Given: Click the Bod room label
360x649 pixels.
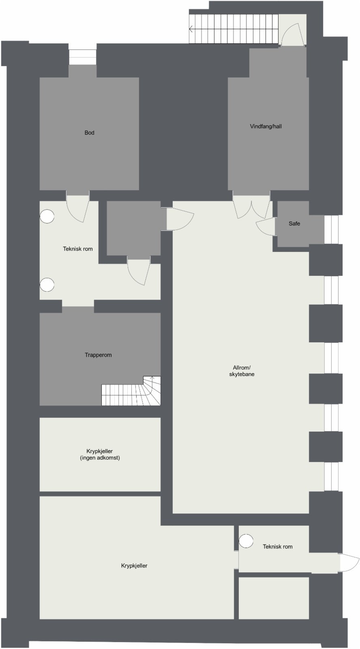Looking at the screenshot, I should click(89, 133).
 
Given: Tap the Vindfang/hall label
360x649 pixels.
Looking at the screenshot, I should click(266, 127).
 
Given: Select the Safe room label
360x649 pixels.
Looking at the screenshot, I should click(294, 223).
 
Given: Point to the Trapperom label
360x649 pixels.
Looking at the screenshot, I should click(98, 355).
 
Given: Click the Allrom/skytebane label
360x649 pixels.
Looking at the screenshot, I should click(242, 371).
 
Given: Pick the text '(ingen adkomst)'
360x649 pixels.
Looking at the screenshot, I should click(100, 458).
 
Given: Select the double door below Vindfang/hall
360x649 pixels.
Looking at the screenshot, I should click(252, 207).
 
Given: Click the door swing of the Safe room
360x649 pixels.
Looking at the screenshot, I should click(266, 227).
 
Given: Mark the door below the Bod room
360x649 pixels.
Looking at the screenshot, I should click(78, 208).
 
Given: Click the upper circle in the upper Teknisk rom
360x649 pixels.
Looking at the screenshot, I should click(47, 217).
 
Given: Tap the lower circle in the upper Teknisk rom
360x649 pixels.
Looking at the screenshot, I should click(47, 285).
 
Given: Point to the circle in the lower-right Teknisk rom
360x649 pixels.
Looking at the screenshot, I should click(246, 541).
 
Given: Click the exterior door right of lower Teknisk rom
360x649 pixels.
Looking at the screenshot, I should click(349, 563).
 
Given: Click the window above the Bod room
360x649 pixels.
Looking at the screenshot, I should click(83, 57).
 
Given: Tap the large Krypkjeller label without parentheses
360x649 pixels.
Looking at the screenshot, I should click(134, 565).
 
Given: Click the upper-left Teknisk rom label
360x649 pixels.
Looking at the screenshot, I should click(78, 249).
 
